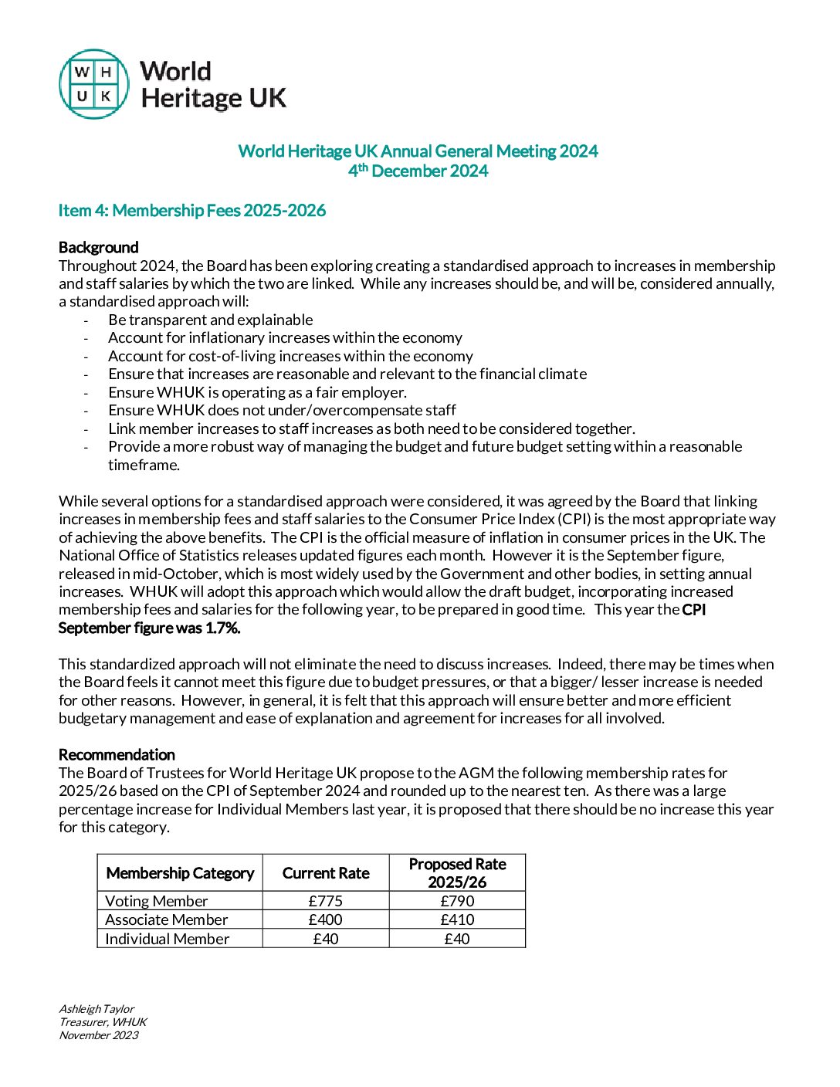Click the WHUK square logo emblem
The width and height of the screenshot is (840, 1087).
[x=93, y=84]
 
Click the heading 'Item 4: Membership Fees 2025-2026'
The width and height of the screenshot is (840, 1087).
[x=192, y=211]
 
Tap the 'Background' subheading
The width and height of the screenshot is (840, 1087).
[x=99, y=247]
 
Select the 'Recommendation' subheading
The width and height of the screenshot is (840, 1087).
[x=117, y=754]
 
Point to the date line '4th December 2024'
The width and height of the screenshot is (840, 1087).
[x=418, y=171]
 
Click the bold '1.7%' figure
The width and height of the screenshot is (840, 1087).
[x=223, y=628]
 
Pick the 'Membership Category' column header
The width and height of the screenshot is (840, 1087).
[x=180, y=873]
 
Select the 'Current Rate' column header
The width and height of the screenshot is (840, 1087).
[x=326, y=873]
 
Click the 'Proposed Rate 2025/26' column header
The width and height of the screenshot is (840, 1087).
[x=457, y=873]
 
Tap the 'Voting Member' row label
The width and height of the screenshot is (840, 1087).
[x=157, y=901]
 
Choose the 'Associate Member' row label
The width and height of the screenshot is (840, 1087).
[x=167, y=919]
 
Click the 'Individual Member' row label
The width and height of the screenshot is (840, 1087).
[x=168, y=939]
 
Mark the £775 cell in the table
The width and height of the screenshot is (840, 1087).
[x=326, y=901]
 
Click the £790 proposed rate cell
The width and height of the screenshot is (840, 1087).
[x=457, y=901]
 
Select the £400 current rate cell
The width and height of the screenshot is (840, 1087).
[x=326, y=919]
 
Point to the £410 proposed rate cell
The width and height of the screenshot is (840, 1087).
[x=457, y=919]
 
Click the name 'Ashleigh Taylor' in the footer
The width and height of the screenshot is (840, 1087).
[x=97, y=1009]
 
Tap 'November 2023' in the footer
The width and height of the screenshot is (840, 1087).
[x=99, y=1035]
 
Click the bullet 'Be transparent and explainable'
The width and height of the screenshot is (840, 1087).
[x=211, y=320]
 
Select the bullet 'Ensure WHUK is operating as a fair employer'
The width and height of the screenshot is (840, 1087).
[x=257, y=392]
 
